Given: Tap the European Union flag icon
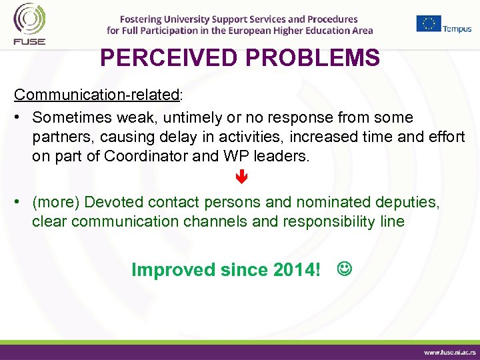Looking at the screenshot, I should coord(429,23).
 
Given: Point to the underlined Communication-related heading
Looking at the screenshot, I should coord(97,95).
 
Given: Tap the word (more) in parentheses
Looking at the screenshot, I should coord(56,202).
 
